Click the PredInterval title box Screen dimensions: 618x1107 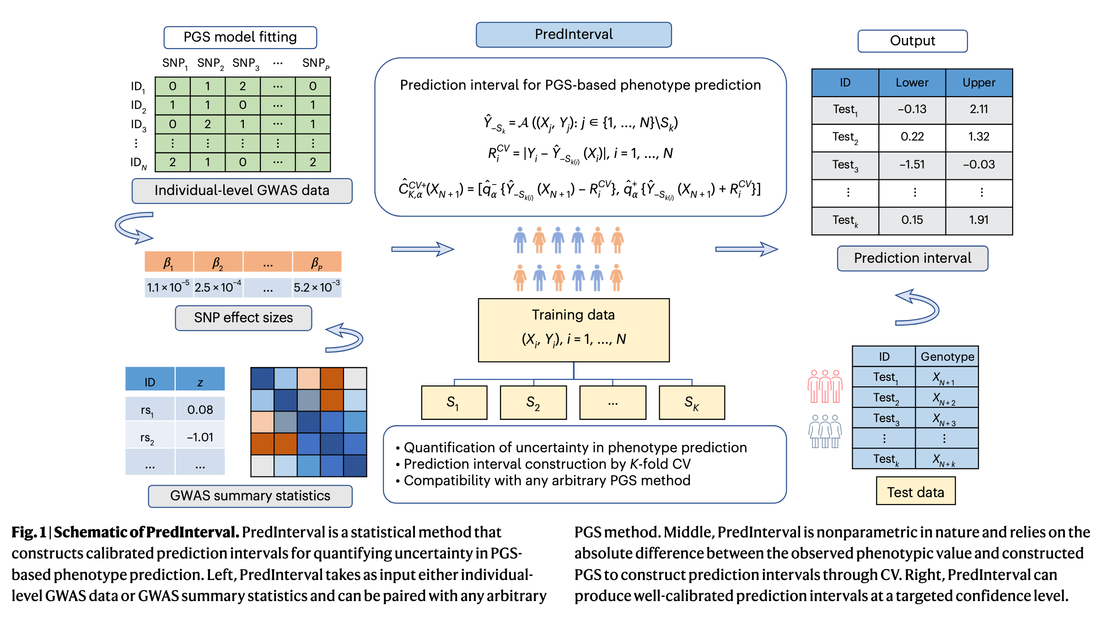574,35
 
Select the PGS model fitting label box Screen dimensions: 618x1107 240,37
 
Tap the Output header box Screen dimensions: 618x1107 912,41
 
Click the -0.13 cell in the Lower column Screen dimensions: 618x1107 912,109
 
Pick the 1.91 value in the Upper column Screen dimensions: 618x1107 978,220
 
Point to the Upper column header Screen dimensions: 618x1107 978,83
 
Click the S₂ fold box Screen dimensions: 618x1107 533,402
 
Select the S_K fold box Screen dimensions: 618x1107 692,402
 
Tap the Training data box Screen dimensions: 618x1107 574,330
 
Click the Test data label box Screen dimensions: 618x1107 915,492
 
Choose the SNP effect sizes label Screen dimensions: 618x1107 243,318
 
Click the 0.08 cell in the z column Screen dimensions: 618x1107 200,410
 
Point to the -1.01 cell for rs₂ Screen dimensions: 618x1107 200,437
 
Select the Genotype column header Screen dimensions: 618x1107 947,357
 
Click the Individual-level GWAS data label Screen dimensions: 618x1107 242,190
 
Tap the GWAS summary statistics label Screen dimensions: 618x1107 250,496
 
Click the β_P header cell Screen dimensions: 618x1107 317,262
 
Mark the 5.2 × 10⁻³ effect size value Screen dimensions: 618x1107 317,287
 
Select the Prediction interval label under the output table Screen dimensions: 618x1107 912,258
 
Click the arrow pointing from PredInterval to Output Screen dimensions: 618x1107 746,249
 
